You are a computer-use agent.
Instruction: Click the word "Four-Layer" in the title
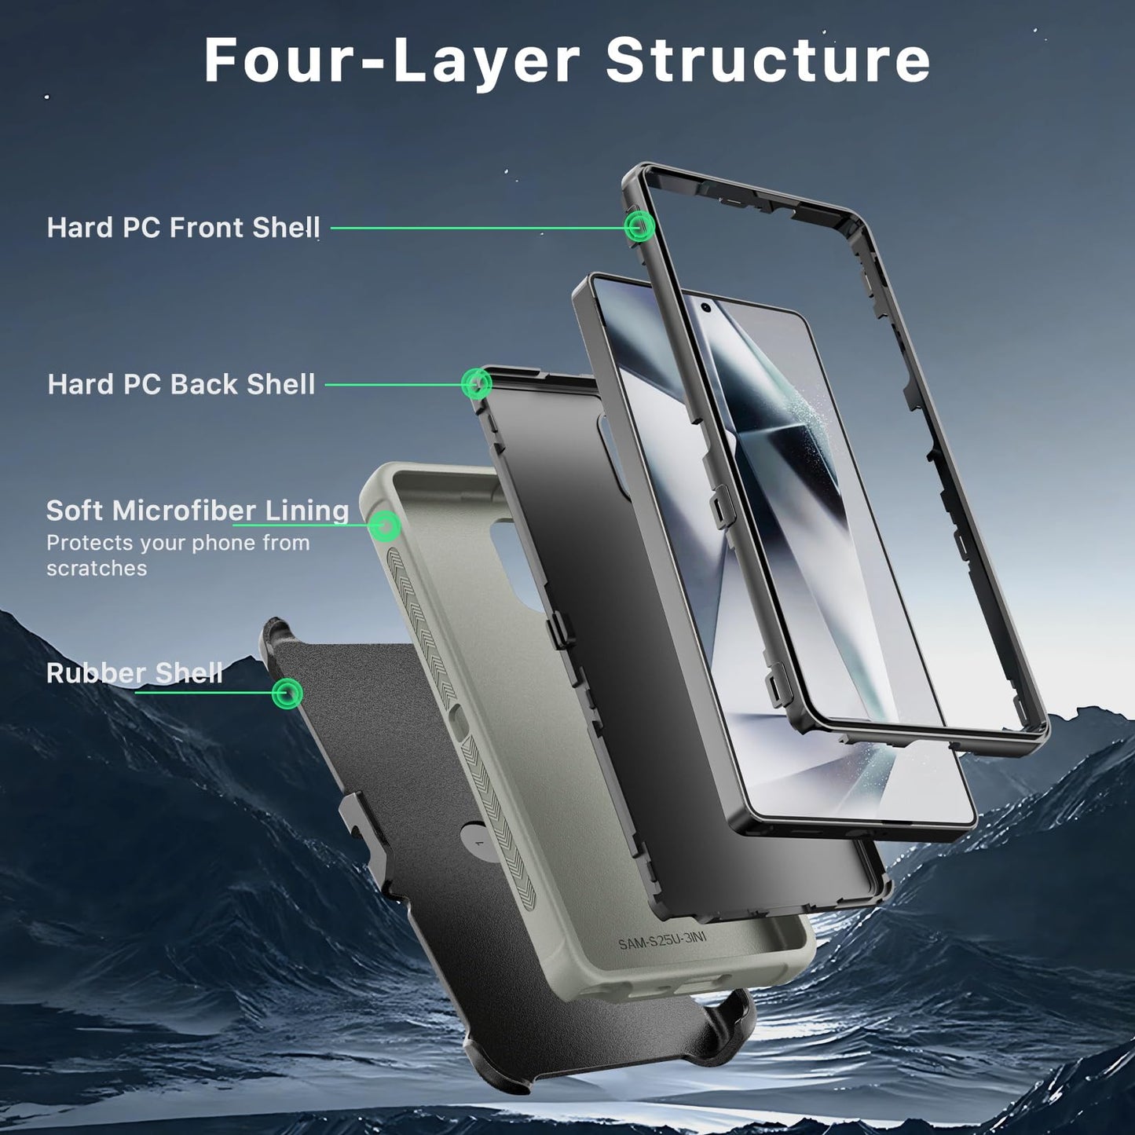(x=392, y=60)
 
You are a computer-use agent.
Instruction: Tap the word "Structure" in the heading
(x=768, y=60)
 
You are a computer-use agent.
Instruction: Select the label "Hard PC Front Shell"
(x=183, y=227)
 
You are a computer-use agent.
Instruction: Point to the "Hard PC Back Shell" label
(x=181, y=384)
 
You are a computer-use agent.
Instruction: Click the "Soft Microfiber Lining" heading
(x=198, y=511)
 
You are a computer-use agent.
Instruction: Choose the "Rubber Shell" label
(x=134, y=672)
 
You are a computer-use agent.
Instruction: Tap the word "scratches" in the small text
(x=97, y=569)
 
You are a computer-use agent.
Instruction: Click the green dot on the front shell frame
(x=639, y=225)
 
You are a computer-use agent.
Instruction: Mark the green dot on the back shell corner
(x=476, y=383)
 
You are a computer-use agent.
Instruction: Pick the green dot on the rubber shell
(x=287, y=693)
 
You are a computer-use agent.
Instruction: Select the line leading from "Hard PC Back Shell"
(x=394, y=385)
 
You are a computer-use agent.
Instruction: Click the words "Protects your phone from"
(x=178, y=543)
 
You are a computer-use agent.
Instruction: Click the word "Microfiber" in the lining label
(x=184, y=511)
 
